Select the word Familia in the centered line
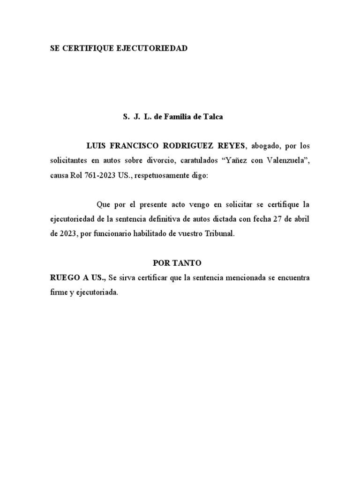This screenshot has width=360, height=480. (x=179, y=117)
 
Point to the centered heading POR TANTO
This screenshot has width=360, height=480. (x=180, y=263)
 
